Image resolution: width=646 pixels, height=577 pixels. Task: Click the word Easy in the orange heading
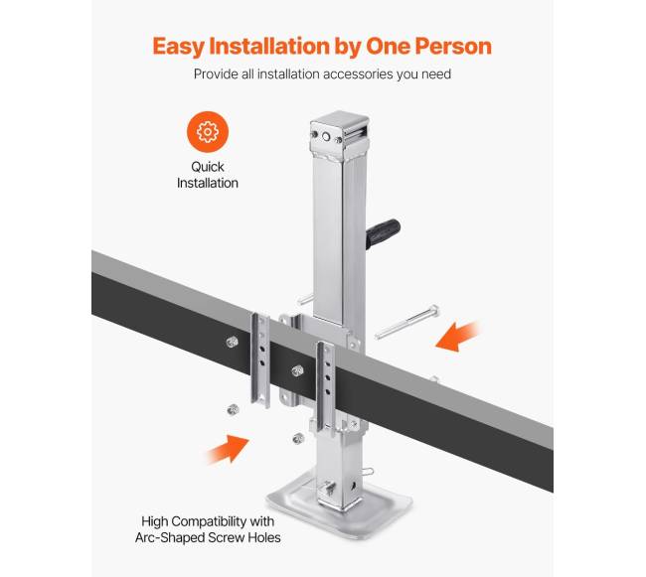click(x=179, y=47)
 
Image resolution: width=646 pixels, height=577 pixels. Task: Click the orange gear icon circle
click(x=208, y=132)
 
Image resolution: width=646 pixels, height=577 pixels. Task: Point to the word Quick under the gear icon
click(x=208, y=167)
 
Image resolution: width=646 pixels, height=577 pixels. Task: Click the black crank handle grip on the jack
click(x=383, y=233)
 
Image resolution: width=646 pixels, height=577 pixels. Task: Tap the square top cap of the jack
click(x=340, y=131)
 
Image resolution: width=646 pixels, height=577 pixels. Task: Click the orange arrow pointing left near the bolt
click(x=457, y=337)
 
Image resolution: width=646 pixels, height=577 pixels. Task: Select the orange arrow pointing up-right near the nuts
click(x=228, y=450)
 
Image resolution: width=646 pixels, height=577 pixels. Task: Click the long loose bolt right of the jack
click(x=407, y=322)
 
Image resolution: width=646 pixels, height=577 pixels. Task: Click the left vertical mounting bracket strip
click(x=260, y=360)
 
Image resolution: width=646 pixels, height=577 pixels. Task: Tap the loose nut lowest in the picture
click(x=298, y=438)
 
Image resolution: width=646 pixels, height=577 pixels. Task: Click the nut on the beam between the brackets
click(x=297, y=370)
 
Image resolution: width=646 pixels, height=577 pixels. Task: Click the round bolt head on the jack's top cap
click(x=326, y=137)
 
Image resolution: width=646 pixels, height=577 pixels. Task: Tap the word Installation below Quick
click(x=208, y=183)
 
